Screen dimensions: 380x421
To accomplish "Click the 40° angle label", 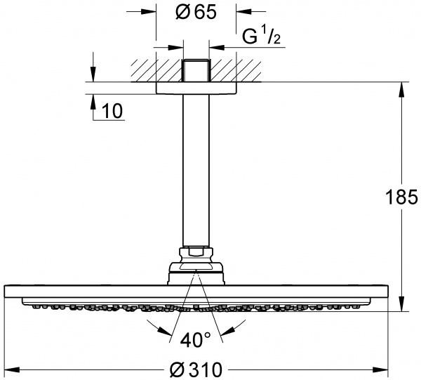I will (195, 341).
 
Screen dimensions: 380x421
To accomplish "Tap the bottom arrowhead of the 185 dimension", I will (402, 306).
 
